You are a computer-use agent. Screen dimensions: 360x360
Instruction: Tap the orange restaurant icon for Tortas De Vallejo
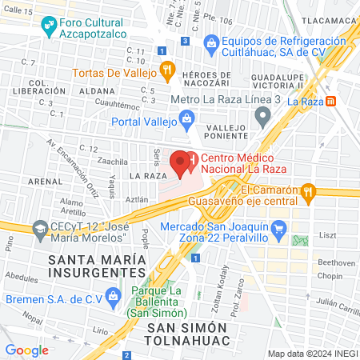tap(166, 70)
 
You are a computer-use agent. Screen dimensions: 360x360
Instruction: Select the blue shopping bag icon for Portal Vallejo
tap(187, 121)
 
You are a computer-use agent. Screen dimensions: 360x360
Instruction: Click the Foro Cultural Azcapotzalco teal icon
tap(48, 24)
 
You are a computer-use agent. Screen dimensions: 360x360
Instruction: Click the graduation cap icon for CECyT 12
tap(38, 229)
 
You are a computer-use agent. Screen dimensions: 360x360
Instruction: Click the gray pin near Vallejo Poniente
tap(262, 118)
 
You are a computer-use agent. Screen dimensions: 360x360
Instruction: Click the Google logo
tap(26, 350)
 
